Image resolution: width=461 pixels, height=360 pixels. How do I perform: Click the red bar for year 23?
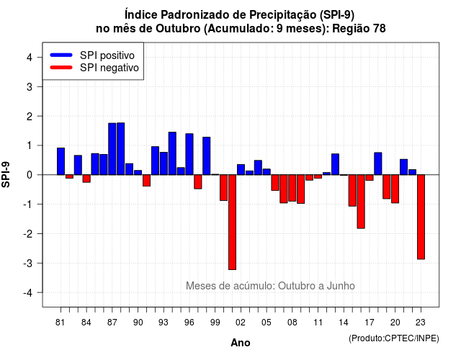421,217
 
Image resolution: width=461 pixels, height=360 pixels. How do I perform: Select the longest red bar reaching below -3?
232,222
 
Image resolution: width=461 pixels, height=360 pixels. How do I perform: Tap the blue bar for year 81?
61,161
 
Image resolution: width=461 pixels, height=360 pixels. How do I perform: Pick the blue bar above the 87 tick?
112,149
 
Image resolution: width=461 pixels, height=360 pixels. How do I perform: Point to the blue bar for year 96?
189,154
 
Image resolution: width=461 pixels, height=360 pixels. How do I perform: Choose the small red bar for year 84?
86,179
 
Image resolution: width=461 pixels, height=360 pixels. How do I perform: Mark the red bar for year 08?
292,188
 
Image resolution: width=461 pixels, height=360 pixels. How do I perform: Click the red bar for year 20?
395,189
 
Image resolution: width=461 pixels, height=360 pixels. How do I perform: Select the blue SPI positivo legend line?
61,55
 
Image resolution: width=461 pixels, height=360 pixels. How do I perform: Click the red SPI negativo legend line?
61,68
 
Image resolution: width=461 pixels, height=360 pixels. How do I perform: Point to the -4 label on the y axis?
29,293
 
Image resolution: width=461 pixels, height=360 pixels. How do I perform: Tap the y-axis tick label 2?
30,117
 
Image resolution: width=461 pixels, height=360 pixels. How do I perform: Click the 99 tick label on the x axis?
215,323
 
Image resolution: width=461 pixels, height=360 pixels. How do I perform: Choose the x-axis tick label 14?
344,323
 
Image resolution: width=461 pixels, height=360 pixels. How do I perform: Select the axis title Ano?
241,343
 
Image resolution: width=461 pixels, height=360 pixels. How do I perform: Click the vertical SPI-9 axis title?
6,174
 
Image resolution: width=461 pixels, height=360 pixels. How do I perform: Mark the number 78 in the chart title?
380,29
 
